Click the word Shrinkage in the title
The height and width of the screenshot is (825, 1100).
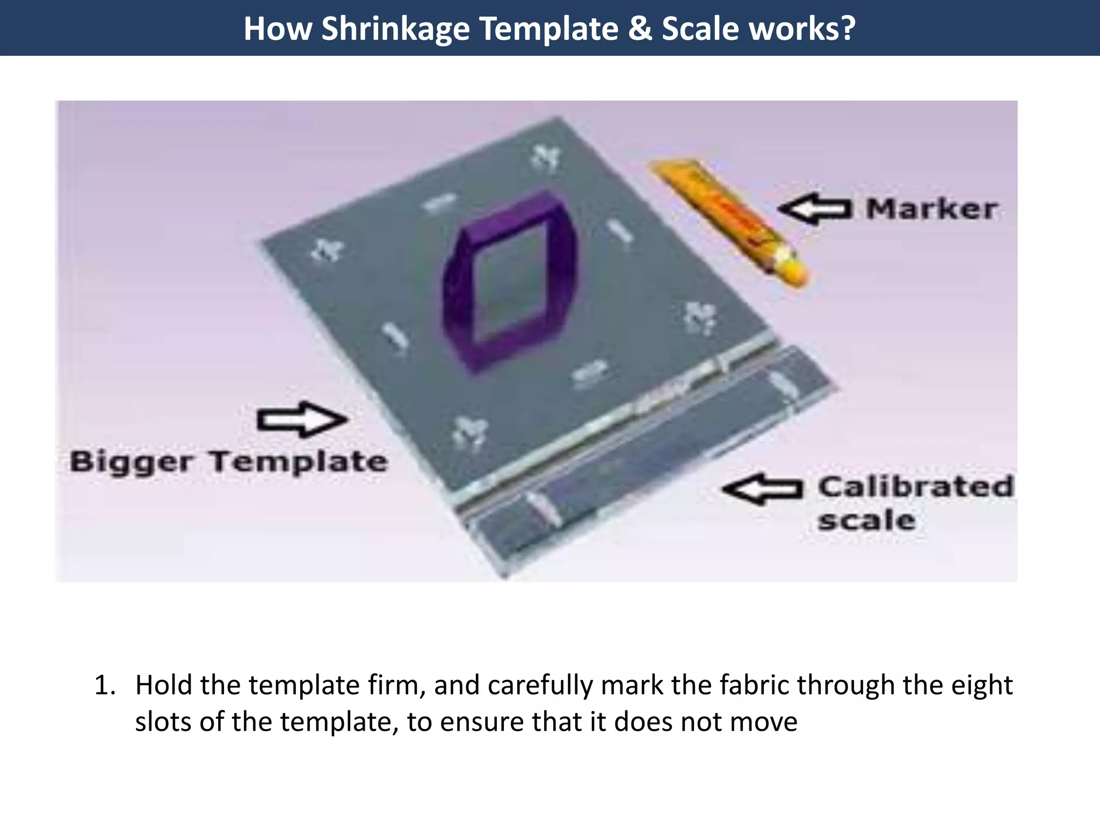click(x=396, y=28)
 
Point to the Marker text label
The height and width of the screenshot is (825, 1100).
click(x=931, y=209)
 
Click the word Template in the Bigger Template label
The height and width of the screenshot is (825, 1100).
click(x=298, y=462)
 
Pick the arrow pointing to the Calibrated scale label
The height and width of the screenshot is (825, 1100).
click(x=762, y=489)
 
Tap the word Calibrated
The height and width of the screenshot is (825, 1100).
click(x=915, y=487)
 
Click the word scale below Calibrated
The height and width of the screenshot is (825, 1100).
click(x=866, y=520)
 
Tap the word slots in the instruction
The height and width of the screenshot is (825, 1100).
click(x=164, y=721)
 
